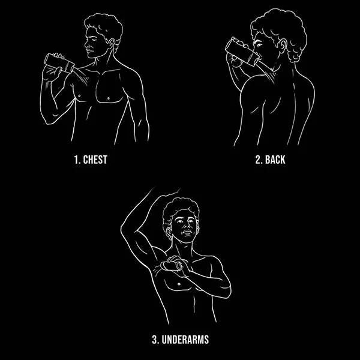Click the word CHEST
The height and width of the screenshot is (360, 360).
click(95, 160)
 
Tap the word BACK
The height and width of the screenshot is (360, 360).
click(275, 160)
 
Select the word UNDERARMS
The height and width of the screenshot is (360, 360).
click(185, 340)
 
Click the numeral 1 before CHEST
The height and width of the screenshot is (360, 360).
click(76, 160)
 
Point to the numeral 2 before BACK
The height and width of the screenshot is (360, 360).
click(259, 160)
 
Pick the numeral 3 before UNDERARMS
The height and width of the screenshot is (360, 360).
click(155, 340)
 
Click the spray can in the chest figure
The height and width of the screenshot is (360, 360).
click(59, 63)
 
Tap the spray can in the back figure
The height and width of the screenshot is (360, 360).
click(242, 52)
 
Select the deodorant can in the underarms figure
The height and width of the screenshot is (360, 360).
click(171, 266)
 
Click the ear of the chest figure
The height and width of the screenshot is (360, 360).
click(112, 43)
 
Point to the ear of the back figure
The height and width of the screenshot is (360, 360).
click(282, 46)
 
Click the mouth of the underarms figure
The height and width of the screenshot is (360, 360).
click(187, 232)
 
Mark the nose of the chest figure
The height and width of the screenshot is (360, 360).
click(86, 44)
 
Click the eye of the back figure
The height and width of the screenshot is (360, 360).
click(259, 44)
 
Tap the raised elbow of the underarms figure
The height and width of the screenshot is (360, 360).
click(123, 229)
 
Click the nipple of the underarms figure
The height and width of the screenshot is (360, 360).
click(179, 284)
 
